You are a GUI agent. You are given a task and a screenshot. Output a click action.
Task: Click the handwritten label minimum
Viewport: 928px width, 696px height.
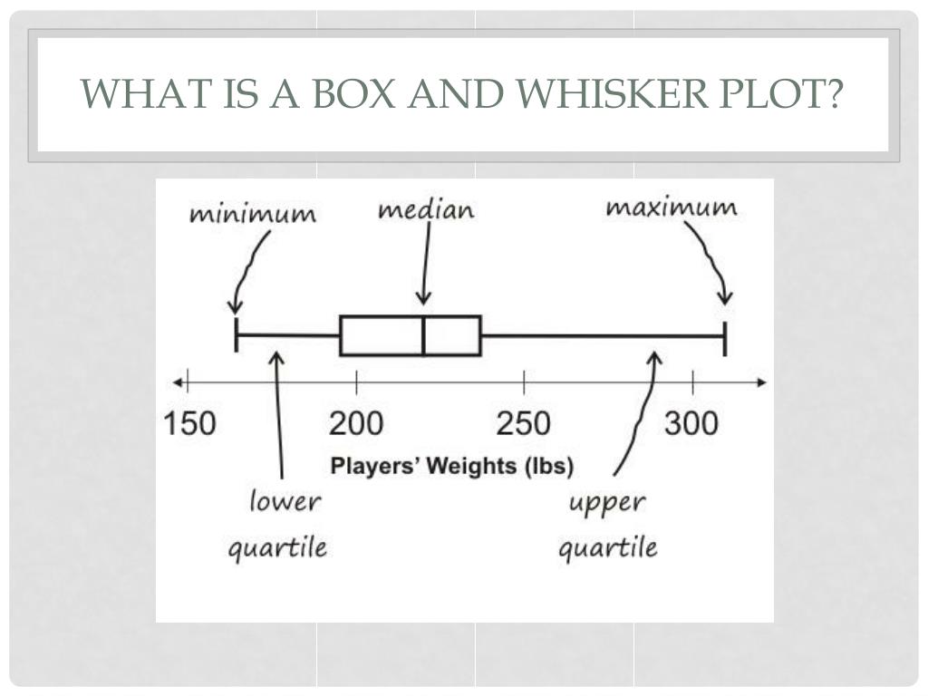[253, 215]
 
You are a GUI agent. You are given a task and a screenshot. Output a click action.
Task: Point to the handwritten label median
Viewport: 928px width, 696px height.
[426, 210]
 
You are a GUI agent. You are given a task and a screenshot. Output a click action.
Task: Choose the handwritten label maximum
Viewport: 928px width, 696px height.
[671, 208]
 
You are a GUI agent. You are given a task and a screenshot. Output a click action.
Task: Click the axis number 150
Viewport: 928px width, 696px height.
[190, 423]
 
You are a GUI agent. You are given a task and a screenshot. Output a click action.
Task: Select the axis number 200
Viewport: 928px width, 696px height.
[356, 423]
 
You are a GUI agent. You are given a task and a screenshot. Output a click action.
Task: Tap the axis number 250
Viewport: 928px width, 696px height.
[523, 423]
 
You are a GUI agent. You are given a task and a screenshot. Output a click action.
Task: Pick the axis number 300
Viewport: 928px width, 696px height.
[691, 423]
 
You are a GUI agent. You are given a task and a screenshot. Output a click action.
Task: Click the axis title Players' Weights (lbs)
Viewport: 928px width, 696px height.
[451, 467]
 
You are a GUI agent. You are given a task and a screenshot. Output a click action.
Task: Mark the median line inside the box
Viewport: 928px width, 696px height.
[423, 335]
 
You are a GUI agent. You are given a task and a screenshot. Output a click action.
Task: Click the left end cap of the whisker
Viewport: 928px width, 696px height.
[237, 335]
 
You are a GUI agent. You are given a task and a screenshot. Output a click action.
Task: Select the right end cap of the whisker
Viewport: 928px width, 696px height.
[726, 335]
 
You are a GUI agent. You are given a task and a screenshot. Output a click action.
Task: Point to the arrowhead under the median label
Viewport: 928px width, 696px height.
[423, 300]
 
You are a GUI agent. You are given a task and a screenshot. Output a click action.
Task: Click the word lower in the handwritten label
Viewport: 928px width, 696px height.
[285, 501]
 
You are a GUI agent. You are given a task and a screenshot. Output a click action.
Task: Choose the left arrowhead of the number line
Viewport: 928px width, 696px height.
[180, 382]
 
